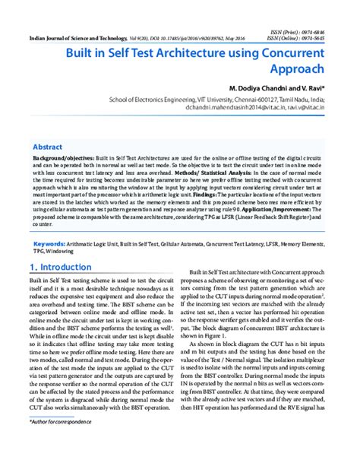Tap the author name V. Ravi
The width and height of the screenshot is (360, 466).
pos(311,88)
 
